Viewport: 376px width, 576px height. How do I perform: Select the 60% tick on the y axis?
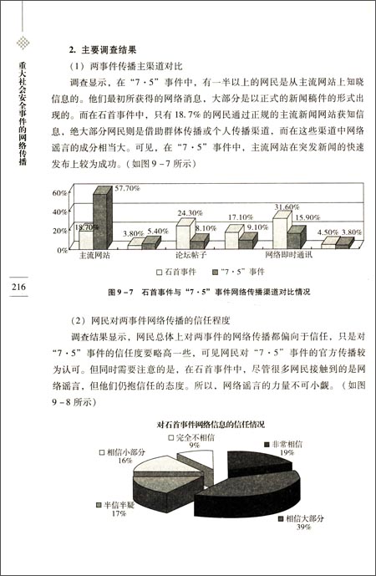(x=59, y=193)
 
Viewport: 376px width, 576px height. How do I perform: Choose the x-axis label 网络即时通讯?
(x=290, y=255)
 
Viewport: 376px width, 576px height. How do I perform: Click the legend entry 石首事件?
(x=180, y=273)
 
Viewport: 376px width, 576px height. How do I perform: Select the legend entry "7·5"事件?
(x=242, y=273)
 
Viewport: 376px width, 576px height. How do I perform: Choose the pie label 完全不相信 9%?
(x=194, y=441)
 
